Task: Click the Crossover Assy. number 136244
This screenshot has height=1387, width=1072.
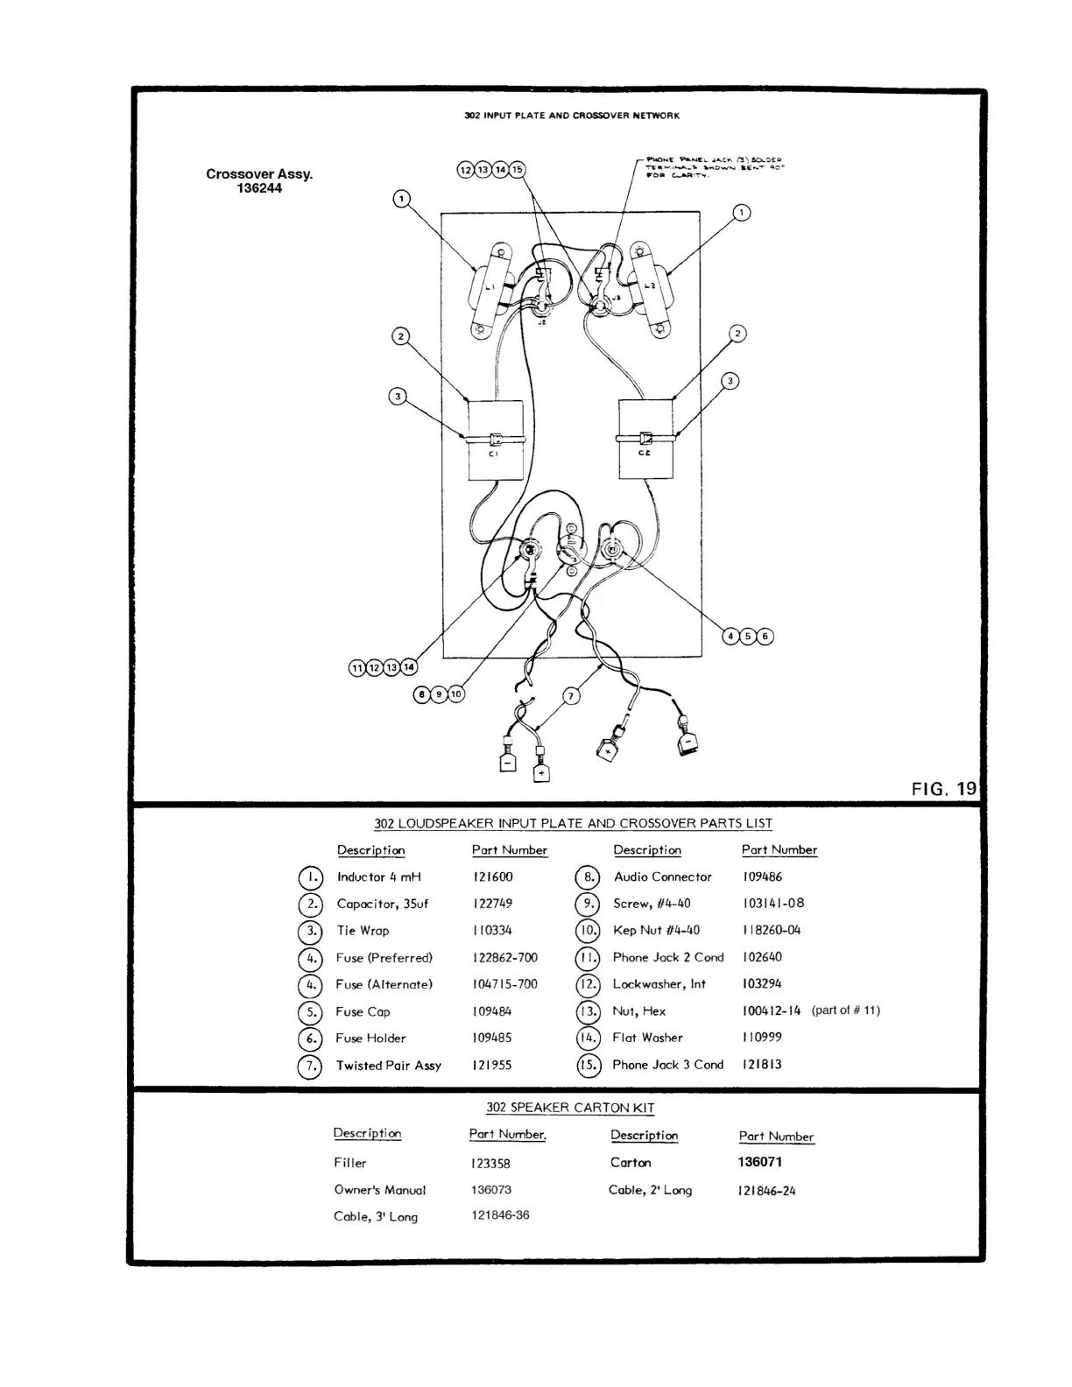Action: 259,188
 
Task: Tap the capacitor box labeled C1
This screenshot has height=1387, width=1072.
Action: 495,440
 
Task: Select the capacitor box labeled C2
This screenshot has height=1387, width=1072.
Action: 645,439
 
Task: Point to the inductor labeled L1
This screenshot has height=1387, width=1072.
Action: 490,288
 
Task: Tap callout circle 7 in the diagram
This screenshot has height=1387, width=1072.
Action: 571,696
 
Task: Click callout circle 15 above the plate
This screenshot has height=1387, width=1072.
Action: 518,169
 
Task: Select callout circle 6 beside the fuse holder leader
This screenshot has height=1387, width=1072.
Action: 765,637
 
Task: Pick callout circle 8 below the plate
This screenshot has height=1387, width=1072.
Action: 422,694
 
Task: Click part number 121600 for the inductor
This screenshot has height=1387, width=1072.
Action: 493,877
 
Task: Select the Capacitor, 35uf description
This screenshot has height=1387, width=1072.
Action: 383,904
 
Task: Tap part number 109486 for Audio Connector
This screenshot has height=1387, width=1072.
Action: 762,877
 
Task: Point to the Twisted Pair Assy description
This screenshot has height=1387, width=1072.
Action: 388,1066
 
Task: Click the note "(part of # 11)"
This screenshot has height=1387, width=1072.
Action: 845,1010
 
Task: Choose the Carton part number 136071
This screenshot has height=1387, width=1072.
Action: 760,1162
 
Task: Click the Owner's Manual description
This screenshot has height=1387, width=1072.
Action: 379,1190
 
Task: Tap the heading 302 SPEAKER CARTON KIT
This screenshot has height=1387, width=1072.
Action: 570,1108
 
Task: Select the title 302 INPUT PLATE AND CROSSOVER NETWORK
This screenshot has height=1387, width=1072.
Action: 571,116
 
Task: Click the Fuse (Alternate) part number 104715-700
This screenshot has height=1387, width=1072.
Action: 504,984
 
